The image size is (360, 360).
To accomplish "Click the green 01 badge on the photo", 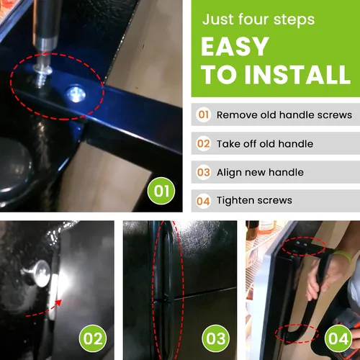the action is pyautogui.click(x=161, y=191).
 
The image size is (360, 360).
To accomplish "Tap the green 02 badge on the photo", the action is pyautogui.click(x=93, y=338).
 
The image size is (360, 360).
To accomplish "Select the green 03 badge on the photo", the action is pyautogui.click(x=215, y=338).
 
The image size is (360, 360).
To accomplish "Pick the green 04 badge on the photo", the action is pyautogui.click(x=338, y=338).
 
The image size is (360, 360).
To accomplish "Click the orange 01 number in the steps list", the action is pyautogui.click(x=203, y=114).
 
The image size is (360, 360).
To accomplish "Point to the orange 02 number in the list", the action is pyautogui.click(x=204, y=143).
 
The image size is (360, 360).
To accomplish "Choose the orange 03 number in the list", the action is pyautogui.click(x=204, y=172).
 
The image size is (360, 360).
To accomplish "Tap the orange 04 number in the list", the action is pyautogui.click(x=203, y=201).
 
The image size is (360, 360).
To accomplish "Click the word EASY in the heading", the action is pyautogui.click(x=235, y=46).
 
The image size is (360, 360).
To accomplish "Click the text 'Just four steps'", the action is pyautogui.click(x=258, y=19).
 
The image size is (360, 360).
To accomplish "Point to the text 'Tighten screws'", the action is pyautogui.click(x=254, y=201).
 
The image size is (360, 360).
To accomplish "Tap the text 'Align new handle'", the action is pyautogui.click(x=260, y=172).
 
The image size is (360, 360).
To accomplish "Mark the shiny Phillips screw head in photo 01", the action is pyautogui.click(x=76, y=94).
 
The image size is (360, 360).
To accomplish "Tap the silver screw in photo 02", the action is pyautogui.click(x=38, y=274).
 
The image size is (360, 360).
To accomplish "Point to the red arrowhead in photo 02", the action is pyautogui.click(x=58, y=303).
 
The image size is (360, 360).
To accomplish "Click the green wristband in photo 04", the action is pyautogui.click(x=343, y=256).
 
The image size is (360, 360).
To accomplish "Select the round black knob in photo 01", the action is pyautogui.click(x=14, y=168).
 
